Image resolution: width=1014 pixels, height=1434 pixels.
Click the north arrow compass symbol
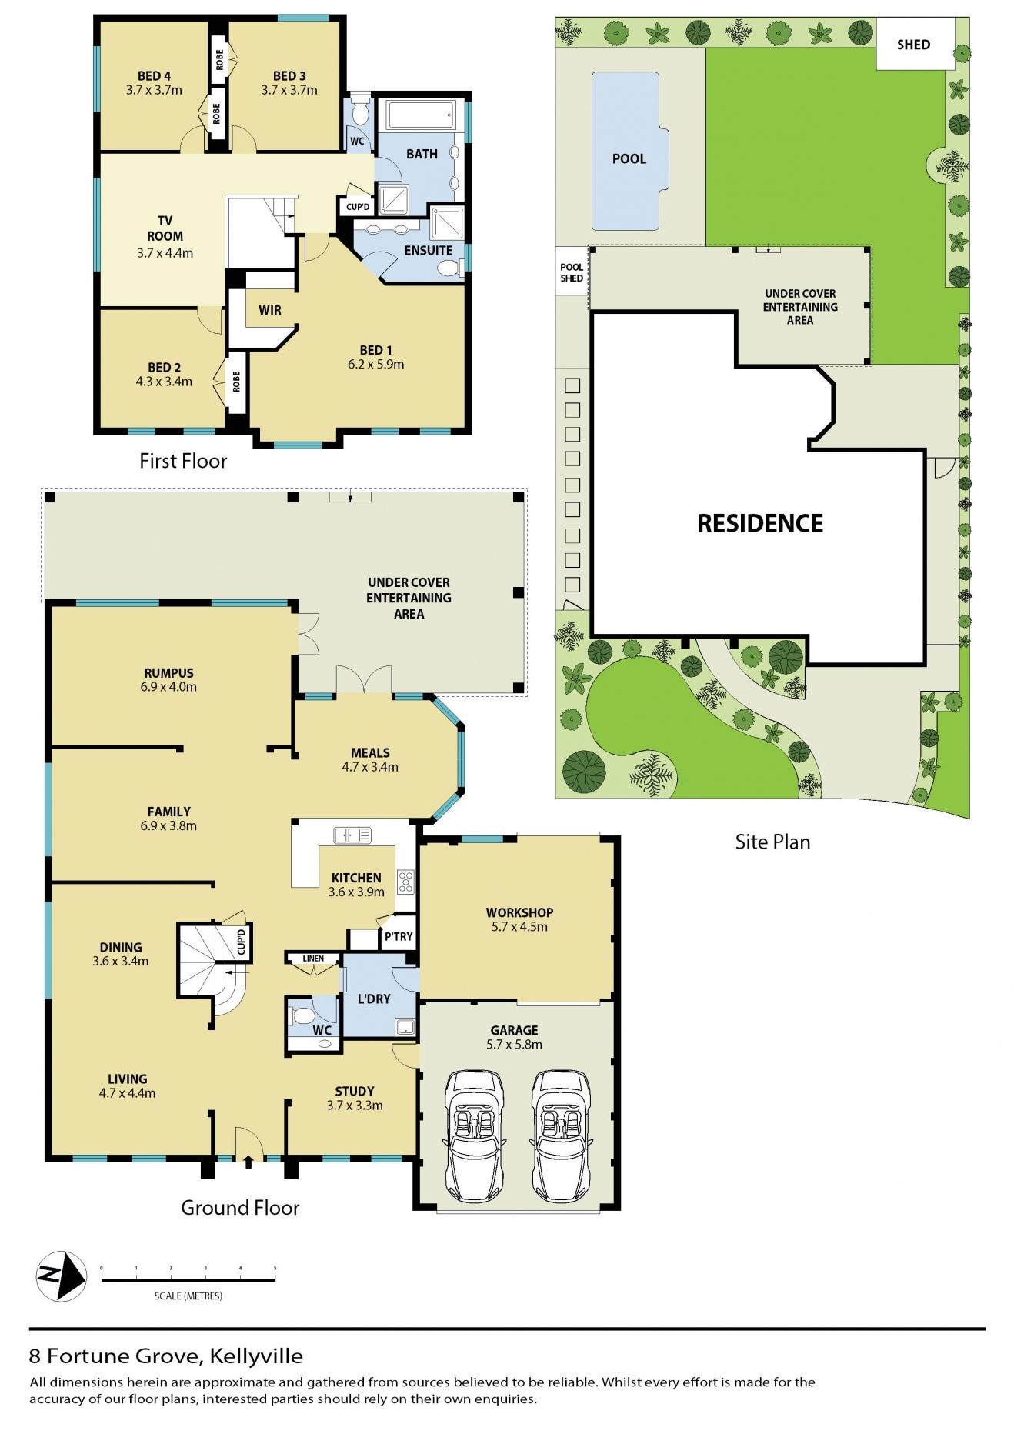62,1276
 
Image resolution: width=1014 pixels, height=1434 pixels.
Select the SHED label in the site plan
913,45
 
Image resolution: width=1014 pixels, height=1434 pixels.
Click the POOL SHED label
572,272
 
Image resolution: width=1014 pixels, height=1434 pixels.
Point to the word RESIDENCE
760,524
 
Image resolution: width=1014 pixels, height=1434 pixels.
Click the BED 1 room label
375,350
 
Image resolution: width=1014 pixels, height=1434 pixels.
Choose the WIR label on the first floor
270,310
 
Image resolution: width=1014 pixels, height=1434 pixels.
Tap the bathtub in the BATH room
421,116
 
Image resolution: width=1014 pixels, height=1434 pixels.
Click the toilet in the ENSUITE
449,268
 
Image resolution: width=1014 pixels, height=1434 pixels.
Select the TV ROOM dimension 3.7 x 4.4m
165,253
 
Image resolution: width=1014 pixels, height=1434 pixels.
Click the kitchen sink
352,835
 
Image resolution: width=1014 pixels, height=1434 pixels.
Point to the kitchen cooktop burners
405,881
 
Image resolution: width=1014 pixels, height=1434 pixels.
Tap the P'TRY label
399,936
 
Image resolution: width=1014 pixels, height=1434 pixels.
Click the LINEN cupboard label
313,959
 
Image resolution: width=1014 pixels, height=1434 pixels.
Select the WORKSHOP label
519,912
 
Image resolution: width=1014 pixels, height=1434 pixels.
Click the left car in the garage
474,1135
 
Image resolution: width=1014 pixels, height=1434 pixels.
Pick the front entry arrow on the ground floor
248,1161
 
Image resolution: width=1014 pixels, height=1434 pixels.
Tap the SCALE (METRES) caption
188,1296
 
